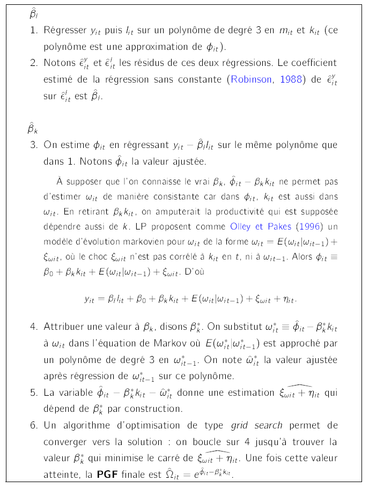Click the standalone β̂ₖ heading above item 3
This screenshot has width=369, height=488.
tap(33, 128)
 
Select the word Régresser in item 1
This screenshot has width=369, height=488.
tap(64, 30)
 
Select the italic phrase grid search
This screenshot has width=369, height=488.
tap(256, 426)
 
